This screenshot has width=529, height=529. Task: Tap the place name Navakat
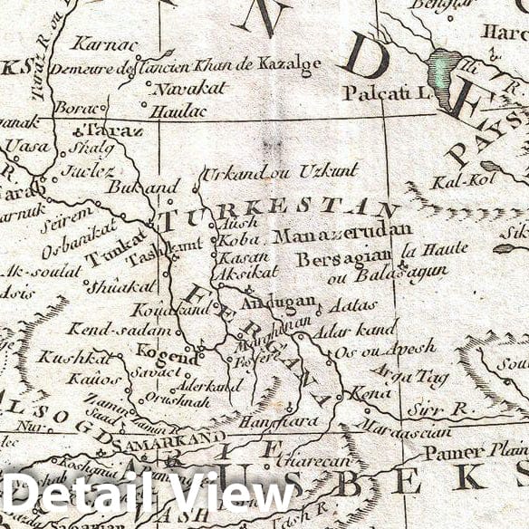[180, 90]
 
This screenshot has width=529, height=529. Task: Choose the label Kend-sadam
[100, 328]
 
